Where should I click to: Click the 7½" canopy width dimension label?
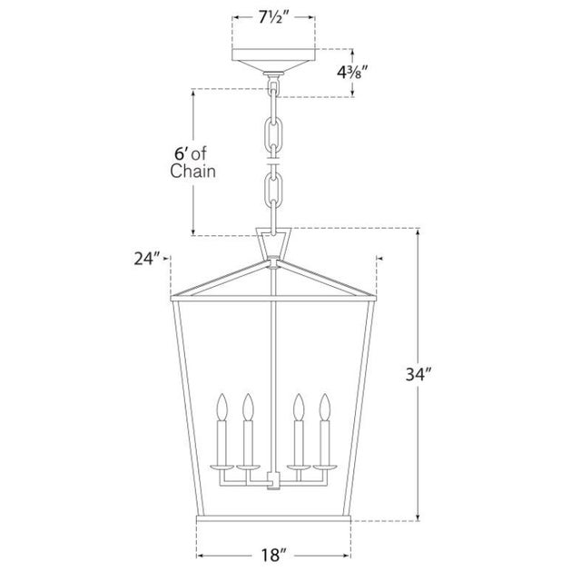coord(273,17)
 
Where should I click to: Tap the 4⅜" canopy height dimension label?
coord(353,73)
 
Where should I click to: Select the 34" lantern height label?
coord(419,374)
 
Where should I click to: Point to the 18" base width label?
coord(274,555)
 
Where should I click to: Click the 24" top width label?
coord(147,259)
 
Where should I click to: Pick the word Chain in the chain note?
coord(192,172)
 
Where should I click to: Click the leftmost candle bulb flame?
coord(222,407)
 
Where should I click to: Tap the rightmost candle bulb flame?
coord(325,407)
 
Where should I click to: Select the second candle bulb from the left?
coord(248,407)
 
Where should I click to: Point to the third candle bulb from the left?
coord(299,407)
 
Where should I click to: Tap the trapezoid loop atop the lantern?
coord(273,242)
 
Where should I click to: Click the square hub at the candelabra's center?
coord(273,480)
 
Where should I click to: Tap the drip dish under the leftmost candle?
coord(222,466)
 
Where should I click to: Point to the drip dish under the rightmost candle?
coord(325,466)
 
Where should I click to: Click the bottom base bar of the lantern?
coord(273,518)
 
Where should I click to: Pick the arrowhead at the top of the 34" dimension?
coord(419,232)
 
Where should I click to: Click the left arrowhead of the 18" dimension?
coord(200,555)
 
